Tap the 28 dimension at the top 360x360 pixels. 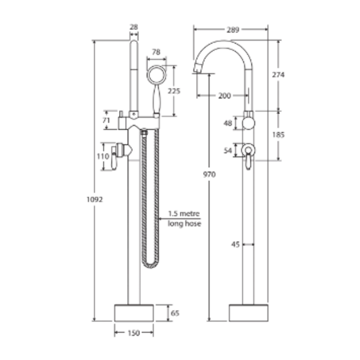[134, 27]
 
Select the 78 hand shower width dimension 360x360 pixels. [156, 52]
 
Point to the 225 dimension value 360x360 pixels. [174, 91]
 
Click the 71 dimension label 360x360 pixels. [106, 120]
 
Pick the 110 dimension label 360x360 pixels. [103, 156]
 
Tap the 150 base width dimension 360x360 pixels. [134, 333]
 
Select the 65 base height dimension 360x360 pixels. [175, 313]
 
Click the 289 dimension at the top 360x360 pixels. [233, 30]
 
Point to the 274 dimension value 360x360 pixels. [278, 75]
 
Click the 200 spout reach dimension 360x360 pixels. [224, 96]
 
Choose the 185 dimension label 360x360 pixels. [278, 135]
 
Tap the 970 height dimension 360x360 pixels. [210, 174]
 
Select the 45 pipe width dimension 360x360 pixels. [235, 244]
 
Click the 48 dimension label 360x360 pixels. [228, 123]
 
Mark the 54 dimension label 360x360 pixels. [228, 150]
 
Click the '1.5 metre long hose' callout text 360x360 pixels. [184, 219]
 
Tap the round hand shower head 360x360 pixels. [156, 75]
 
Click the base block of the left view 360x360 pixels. [134, 313]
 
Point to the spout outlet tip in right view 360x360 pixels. [196, 69]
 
